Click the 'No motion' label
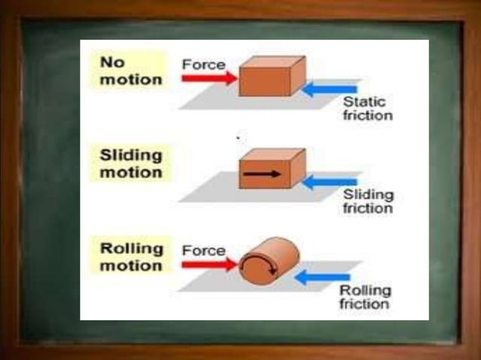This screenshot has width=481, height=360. pyautogui.click(x=131, y=70)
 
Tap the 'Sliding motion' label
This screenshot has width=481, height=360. pyautogui.click(x=131, y=163)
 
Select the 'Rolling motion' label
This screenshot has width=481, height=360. pyautogui.click(x=131, y=257)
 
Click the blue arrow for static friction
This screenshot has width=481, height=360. pyautogui.click(x=329, y=90)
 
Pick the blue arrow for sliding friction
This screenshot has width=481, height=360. pyautogui.click(x=332, y=182)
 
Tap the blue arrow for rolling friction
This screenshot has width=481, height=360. pyautogui.click(x=322, y=277)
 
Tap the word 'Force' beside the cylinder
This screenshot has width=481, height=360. pyautogui.click(x=204, y=249)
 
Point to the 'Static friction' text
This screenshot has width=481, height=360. pyautogui.click(x=367, y=108)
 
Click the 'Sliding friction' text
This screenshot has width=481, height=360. pyautogui.click(x=368, y=202)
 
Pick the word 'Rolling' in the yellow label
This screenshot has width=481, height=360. pyautogui.click(x=131, y=249)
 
